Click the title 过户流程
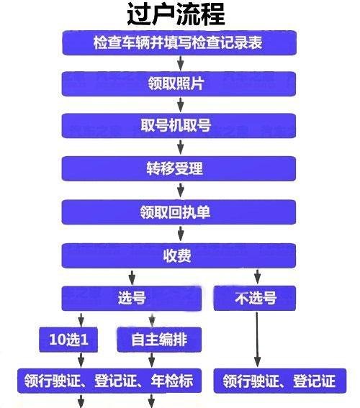176,14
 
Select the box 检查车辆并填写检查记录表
179,43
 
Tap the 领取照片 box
179,84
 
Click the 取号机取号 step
179,126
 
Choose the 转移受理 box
179,168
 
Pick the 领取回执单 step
179,212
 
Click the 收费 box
179,255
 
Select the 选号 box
132,298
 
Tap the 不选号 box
255,298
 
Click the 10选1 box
68,340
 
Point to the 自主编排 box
159,340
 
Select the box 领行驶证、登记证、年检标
109,381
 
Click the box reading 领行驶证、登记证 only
280,381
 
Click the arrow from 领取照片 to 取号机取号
181,104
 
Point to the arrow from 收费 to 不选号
258,277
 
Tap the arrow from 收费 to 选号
132,277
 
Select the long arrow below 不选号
257,340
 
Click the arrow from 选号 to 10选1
81,319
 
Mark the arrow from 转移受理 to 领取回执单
181,190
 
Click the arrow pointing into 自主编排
152,320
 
